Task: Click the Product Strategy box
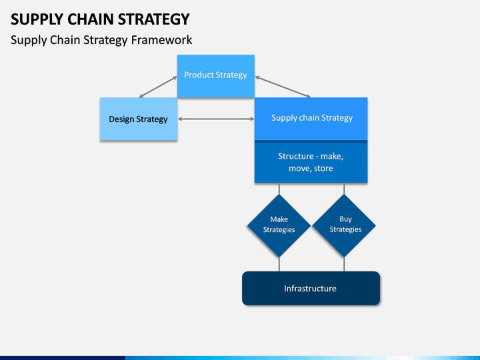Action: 216,76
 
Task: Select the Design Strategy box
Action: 139,119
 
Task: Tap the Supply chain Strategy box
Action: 311,119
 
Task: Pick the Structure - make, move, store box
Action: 311,162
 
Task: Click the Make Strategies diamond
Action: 279,226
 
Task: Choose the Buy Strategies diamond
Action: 344,226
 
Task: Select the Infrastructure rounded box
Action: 311,289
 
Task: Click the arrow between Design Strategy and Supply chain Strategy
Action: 216,119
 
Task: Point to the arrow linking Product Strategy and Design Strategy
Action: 158,87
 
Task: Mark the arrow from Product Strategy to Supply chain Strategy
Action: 283,87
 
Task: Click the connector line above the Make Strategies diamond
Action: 279,189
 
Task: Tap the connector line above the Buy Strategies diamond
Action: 344,189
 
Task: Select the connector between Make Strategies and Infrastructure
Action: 279,265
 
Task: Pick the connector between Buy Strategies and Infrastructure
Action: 344,265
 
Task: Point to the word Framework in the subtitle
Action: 162,40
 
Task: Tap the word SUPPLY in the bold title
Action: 37,19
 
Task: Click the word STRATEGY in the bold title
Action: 154,19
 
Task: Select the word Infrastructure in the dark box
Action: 310,289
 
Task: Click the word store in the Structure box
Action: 323,169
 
